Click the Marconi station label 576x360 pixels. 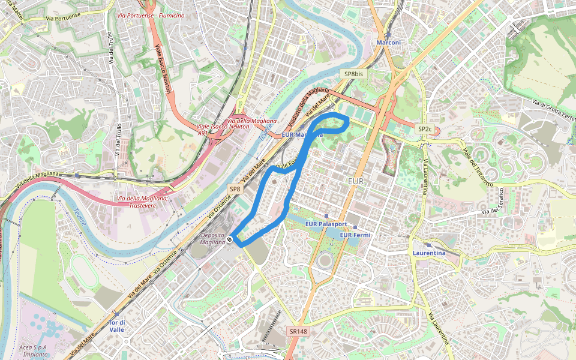point(388,43)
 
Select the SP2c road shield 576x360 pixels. point(425,129)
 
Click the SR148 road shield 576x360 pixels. point(298,331)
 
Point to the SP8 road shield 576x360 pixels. point(235,189)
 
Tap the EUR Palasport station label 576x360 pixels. point(326,224)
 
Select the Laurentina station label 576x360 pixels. point(429,253)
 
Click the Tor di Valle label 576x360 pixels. point(116,326)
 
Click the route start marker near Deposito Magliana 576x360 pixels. point(230,240)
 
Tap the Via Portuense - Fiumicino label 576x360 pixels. point(151,16)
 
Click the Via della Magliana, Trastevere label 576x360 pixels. point(142,202)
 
